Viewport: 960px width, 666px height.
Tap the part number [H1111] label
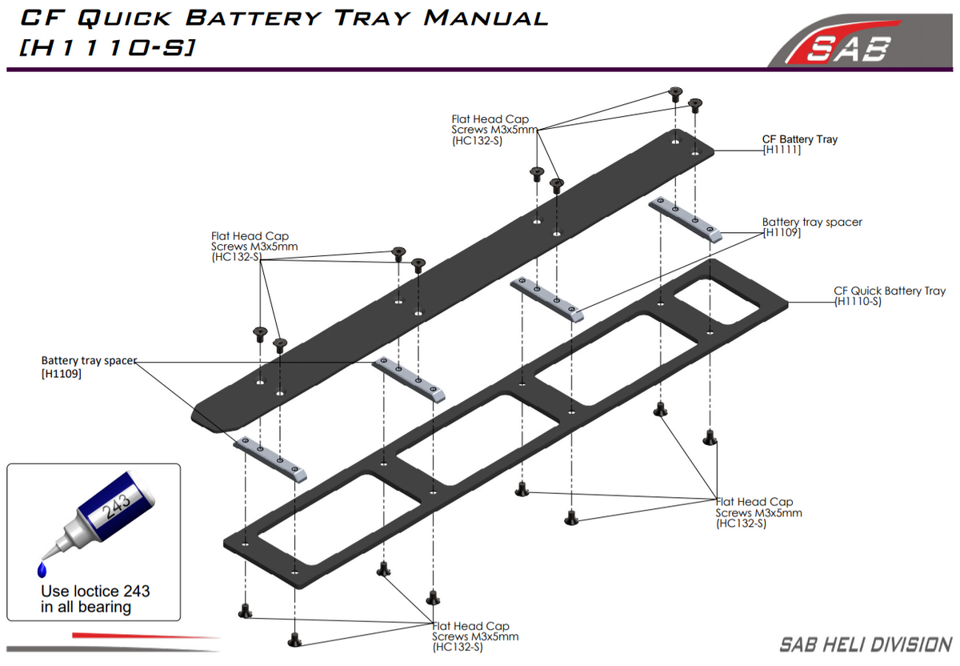(782, 150)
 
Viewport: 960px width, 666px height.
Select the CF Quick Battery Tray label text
(890, 291)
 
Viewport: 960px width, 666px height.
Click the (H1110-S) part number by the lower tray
(857, 302)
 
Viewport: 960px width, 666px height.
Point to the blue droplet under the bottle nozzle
(42, 570)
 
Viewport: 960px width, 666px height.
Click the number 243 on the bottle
(117, 506)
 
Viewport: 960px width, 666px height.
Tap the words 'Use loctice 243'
(95, 591)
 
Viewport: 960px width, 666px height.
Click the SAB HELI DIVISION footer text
(866, 645)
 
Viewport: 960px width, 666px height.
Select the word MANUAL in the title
(486, 18)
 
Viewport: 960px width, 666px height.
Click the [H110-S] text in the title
(107, 47)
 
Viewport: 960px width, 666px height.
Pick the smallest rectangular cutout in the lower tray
(717, 302)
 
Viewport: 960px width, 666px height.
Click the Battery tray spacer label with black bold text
(89, 367)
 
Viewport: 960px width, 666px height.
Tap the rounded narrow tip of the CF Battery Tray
(200, 415)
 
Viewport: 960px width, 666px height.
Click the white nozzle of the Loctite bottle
(60, 544)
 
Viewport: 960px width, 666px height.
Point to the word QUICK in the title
(124, 18)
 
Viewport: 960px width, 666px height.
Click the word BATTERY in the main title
(254, 18)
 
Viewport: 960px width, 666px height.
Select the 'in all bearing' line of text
(86, 608)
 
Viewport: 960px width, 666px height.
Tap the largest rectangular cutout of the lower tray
(338, 520)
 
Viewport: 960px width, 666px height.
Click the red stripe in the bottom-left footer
(146, 636)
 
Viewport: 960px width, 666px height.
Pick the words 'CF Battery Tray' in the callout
(800, 139)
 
